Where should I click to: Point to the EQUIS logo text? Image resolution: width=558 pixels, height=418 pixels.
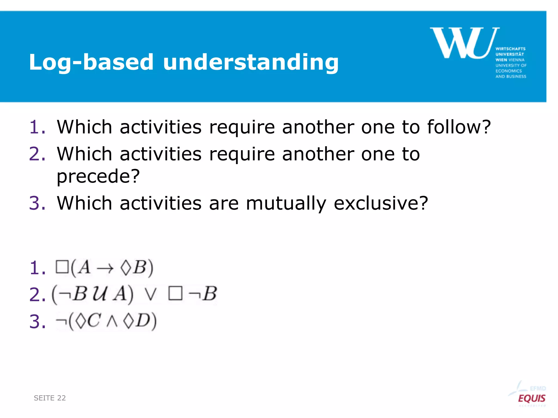click(x=531, y=398)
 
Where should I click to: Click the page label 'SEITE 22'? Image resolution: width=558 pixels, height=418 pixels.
click(x=50, y=398)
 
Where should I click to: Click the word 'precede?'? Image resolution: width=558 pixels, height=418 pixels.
click(x=98, y=176)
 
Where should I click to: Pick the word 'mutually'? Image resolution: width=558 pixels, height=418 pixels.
click(x=286, y=204)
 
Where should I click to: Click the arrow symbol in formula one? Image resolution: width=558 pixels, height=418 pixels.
click(x=105, y=269)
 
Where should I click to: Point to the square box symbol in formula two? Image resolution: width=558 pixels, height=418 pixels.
click(x=175, y=294)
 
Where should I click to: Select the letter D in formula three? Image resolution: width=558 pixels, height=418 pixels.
click(x=143, y=321)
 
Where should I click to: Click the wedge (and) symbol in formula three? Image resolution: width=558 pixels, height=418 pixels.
click(x=112, y=322)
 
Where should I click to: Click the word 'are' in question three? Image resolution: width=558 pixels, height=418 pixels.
click(x=224, y=204)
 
